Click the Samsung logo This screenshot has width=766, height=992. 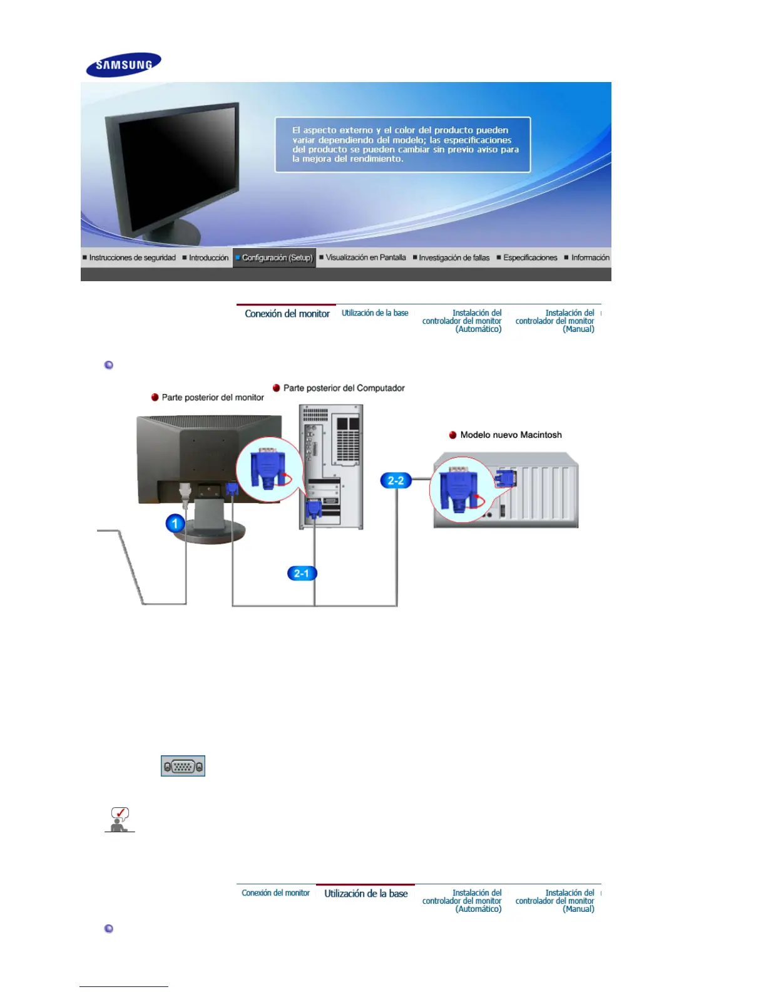click(124, 65)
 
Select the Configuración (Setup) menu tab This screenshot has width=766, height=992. click(274, 257)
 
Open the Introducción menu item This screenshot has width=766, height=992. click(208, 257)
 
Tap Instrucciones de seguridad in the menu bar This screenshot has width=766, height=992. click(132, 257)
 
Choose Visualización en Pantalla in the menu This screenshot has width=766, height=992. click(365, 257)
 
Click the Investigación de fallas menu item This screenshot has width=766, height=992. click(454, 257)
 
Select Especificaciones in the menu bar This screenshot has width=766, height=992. click(530, 257)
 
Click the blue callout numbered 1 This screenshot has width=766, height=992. click(175, 524)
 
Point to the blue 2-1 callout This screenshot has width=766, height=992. click(302, 573)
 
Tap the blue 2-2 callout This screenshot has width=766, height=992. click(396, 481)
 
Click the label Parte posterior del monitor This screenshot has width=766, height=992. click(213, 397)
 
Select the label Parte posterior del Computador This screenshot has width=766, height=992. click(344, 388)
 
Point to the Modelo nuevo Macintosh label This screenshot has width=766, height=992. click(511, 435)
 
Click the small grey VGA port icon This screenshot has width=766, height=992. click(183, 766)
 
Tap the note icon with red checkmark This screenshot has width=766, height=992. click(120, 819)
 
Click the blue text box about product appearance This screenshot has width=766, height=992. click(402, 144)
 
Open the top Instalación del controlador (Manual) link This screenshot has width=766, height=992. click(554, 321)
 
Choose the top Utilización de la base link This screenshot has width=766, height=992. click(375, 313)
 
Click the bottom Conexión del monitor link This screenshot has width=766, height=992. click(275, 893)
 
